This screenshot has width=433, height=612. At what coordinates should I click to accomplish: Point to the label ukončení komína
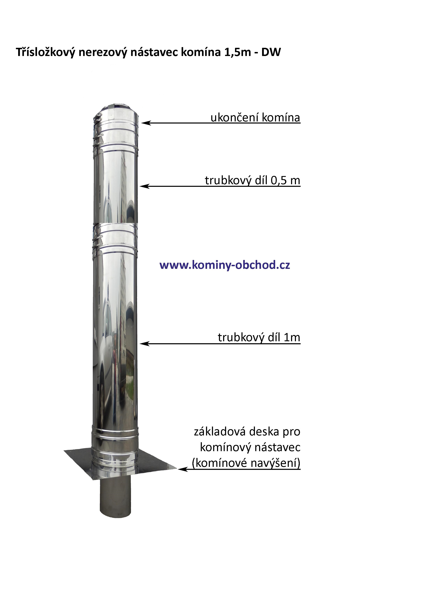click(255, 118)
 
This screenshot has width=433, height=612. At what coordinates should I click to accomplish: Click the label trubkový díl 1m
click(259, 337)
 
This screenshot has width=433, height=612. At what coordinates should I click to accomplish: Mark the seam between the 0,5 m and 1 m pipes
click(115, 223)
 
